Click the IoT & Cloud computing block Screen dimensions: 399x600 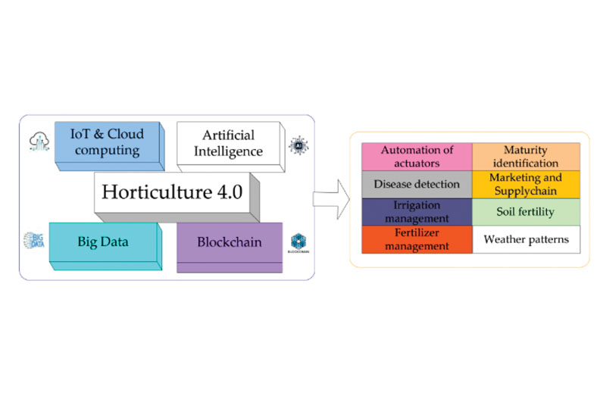point(106,143)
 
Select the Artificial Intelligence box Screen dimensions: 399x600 point(228,143)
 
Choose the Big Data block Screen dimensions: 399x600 point(104,243)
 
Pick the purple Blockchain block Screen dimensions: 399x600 point(229,243)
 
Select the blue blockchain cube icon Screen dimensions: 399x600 point(298,242)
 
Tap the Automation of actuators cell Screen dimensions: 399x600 point(417,156)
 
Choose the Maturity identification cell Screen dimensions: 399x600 point(526,156)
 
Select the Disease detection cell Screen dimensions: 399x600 point(417,184)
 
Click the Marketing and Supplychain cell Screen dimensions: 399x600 point(526,184)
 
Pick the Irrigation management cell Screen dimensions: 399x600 point(417,211)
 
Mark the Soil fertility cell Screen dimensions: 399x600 point(526,212)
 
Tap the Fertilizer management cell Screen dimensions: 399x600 point(417,239)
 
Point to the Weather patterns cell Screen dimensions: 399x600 point(526,239)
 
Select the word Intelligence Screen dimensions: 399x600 point(228,151)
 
